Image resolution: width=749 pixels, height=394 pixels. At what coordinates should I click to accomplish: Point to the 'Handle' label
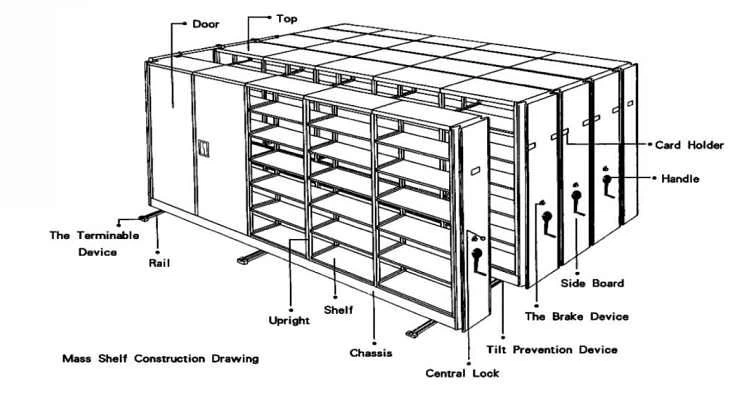click(680, 179)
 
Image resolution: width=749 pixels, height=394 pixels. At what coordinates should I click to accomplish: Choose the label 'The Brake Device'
click(577, 316)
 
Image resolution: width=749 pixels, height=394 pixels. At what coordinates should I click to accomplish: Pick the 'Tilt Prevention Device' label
click(552, 349)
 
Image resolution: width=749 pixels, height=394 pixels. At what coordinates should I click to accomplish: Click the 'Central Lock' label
click(462, 373)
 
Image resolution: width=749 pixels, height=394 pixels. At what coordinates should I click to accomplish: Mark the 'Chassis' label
click(370, 352)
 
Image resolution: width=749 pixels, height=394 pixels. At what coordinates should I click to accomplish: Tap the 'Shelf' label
click(338, 310)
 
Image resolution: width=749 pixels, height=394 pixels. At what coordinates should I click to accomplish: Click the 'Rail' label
click(161, 265)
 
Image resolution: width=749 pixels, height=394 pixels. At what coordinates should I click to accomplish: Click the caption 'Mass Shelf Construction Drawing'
click(159, 358)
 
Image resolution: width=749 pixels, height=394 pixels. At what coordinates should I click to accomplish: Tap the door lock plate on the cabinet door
click(207, 150)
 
